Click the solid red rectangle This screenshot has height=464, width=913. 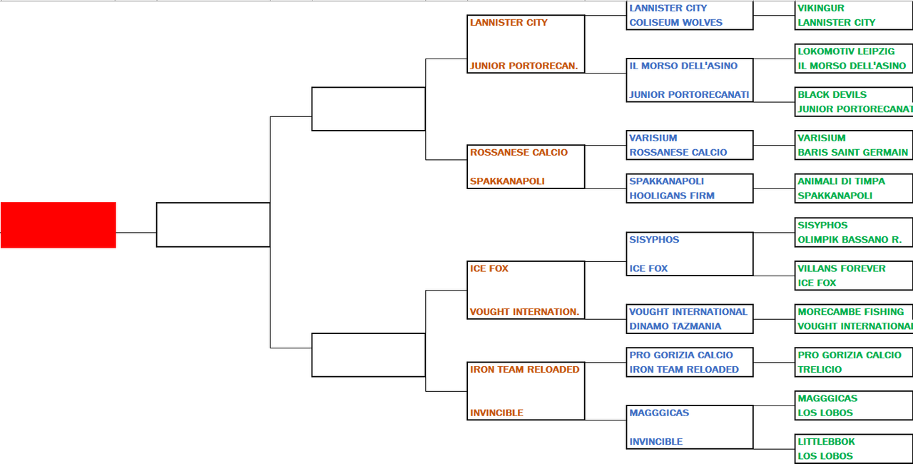click(58, 225)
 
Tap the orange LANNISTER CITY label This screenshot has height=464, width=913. click(509, 23)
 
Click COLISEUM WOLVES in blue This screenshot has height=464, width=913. click(675, 23)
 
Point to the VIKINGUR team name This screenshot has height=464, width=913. click(821, 8)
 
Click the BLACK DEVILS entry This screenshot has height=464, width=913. click(832, 95)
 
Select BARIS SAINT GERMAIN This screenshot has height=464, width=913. click(852, 153)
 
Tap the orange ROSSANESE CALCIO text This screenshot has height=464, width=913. click(519, 153)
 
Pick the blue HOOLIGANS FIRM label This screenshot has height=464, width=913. click(672, 196)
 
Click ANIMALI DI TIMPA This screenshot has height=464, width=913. click(841, 181)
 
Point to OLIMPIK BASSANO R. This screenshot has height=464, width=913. click(850, 240)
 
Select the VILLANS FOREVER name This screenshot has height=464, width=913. click(842, 268)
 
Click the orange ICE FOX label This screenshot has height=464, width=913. click(489, 268)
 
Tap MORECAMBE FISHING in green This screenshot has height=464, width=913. click(851, 312)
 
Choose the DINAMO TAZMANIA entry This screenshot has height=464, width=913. click(675, 326)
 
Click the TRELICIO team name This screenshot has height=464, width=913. click(820, 369)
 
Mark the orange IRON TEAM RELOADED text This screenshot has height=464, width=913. click(524, 369)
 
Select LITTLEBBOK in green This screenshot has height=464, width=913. click(826, 442)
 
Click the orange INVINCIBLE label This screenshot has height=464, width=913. click(496, 413)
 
